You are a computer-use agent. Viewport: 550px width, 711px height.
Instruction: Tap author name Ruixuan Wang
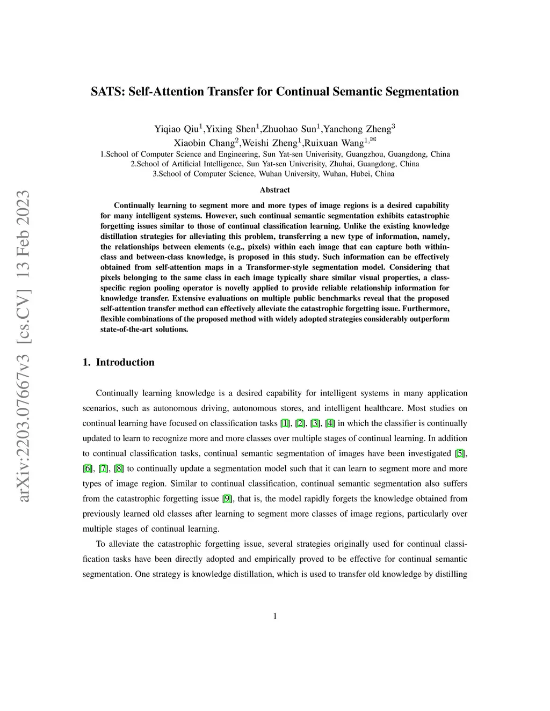pyautogui.click(x=334, y=143)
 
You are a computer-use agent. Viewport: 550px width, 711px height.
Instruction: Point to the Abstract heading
pyautogui.click(x=275, y=190)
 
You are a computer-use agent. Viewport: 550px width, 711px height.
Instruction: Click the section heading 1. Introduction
pyautogui.click(x=119, y=362)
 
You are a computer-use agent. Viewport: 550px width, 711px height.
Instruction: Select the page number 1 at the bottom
pyautogui.click(x=275, y=616)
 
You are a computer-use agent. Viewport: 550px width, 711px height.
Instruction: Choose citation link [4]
pyautogui.click(x=330, y=423)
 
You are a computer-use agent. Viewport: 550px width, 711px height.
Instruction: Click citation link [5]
pyautogui.click(x=460, y=453)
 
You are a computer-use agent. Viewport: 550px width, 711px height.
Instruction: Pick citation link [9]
pyautogui.click(x=228, y=499)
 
